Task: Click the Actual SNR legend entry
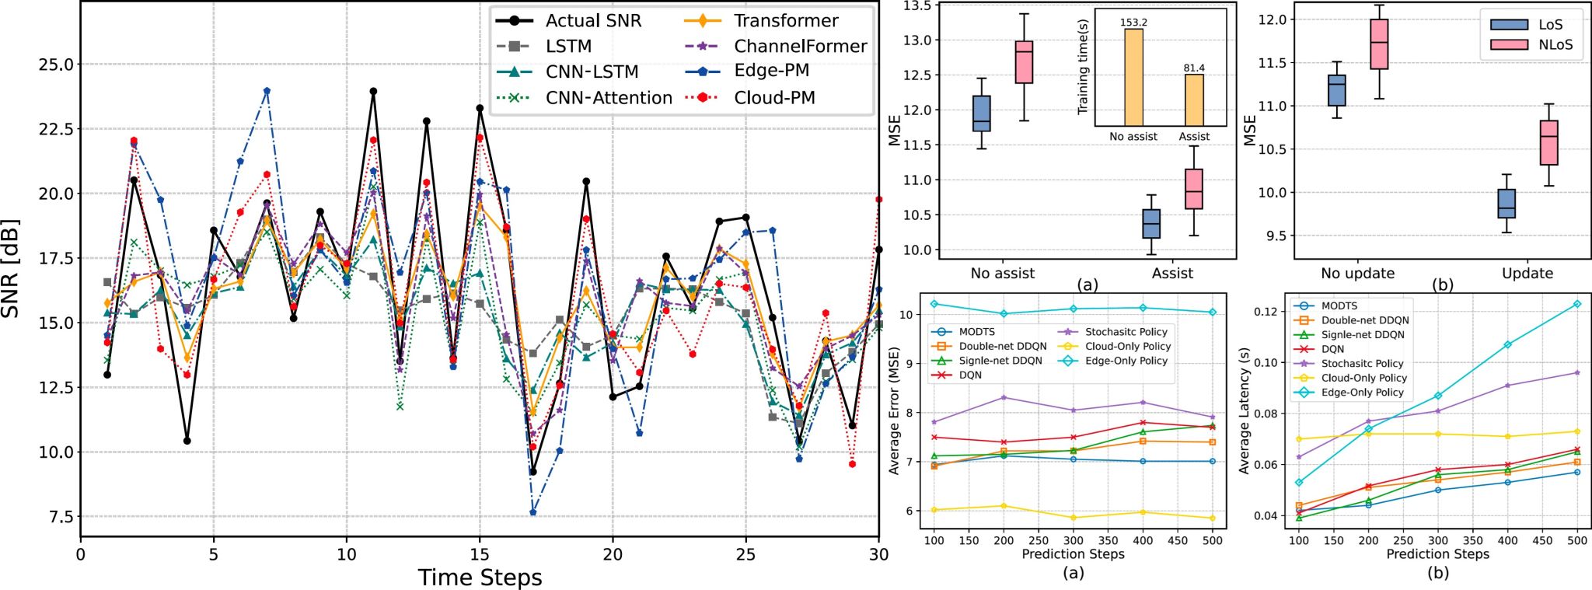coord(593,21)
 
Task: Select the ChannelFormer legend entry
coord(800,47)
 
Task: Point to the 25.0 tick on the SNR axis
coord(56,65)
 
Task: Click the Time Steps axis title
coord(480,578)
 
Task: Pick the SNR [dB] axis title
coord(11,269)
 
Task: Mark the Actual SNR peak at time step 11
coord(373,92)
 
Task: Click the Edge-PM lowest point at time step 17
coord(533,513)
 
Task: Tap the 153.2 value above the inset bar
coord(1133,23)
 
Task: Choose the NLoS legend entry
coord(1555,45)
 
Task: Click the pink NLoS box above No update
coord(1380,44)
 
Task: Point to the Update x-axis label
coord(1527,274)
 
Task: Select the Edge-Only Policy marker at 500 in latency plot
coord(1577,304)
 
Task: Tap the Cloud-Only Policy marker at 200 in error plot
coord(1004,506)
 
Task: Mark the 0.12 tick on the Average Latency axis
coord(1266,312)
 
